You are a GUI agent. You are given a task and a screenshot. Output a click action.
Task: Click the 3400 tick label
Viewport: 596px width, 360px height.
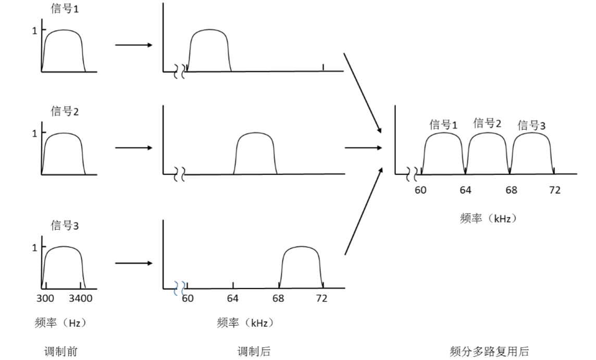click(80, 299)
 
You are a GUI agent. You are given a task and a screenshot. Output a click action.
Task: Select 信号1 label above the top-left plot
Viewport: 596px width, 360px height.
click(65, 10)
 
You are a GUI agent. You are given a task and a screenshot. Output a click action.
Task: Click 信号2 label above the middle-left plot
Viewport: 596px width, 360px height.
click(65, 111)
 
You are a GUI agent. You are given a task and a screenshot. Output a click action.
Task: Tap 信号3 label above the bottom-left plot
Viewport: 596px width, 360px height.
click(65, 226)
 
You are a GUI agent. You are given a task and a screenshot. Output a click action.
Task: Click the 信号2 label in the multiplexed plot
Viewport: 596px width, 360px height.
click(487, 123)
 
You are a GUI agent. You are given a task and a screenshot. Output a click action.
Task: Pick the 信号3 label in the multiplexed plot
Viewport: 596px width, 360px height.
click(531, 126)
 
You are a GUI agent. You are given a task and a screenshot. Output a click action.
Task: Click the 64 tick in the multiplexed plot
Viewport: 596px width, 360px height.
click(465, 190)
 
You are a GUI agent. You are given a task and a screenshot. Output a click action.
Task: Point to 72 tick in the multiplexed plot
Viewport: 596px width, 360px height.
click(555, 190)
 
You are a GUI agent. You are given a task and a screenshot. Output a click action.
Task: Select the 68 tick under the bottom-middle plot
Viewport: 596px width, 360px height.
click(278, 299)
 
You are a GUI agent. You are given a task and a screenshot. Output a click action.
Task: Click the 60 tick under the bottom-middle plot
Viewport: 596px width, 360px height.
click(188, 299)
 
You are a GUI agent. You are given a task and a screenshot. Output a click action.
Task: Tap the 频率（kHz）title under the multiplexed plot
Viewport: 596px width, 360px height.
click(489, 219)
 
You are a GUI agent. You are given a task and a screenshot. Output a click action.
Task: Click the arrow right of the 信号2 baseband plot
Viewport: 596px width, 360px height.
click(133, 148)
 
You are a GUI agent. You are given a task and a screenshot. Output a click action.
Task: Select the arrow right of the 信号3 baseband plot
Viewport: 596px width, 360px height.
click(133, 263)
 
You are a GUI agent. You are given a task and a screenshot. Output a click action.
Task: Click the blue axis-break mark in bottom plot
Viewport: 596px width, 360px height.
click(180, 286)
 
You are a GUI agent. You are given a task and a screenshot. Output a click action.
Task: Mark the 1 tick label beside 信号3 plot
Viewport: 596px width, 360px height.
click(35, 247)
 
